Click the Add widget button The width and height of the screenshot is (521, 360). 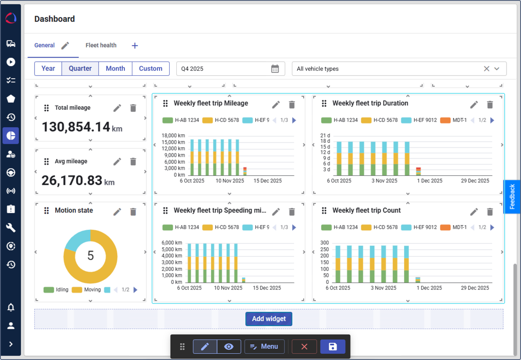click(x=268, y=319)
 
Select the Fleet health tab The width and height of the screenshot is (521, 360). click(x=101, y=45)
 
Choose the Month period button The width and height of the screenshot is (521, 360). click(x=115, y=69)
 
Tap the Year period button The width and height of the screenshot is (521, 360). click(x=48, y=69)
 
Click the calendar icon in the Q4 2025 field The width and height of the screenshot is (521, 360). click(x=275, y=69)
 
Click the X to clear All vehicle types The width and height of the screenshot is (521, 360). click(x=486, y=69)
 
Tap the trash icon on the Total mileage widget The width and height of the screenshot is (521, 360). click(x=133, y=108)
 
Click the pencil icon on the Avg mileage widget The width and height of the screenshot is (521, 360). click(x=117, y=162)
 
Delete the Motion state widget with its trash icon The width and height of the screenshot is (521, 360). click(x=133, y=212)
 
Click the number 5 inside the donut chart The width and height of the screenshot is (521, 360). click(x=90, y=256)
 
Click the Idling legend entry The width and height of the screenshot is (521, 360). click(x=56, y=290)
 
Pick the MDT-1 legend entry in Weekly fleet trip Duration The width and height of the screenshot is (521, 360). click(x=454, y=120)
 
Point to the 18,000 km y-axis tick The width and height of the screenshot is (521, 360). click(x=173, y=136)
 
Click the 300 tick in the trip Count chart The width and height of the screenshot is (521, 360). click(x=325, y=243)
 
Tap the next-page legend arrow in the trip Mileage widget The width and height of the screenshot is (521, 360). click(x=294, y=120)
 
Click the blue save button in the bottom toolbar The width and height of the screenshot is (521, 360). click(x=333, y=347)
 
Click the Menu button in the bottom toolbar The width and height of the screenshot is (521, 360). click(x=264, y=347)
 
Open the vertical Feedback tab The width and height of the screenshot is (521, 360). click(x=512, y=197)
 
